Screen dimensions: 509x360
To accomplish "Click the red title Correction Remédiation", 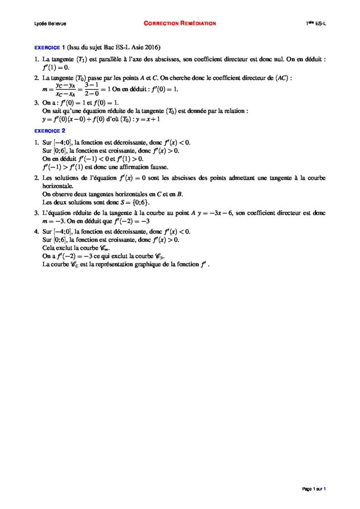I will [x=180, y=23].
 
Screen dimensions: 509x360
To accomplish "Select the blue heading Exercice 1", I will [x=49, y=48].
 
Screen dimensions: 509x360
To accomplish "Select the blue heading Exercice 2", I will [x=49, y=131].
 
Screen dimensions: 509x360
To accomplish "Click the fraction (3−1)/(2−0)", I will [x=93, y=89].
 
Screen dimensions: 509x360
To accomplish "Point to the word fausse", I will [x=158, y=167].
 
